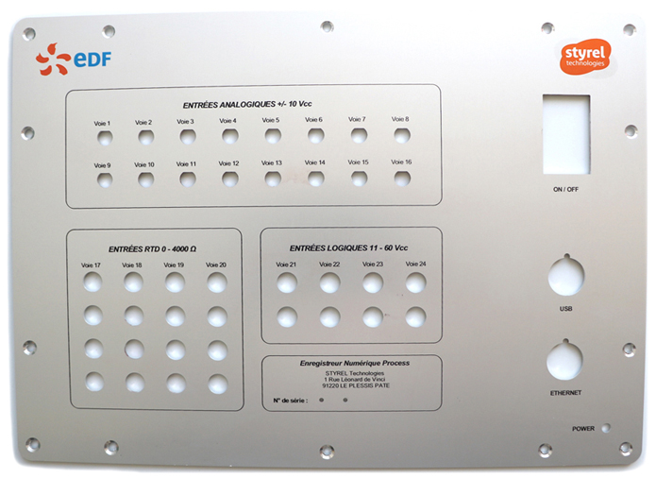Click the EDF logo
click(x=74, y=60)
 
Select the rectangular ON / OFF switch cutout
click(x=566, y=133)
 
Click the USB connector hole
click(x=566, y=276)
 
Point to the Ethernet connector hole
click(x=564, y=360)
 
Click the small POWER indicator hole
click(x=605, y=428)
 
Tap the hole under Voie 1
click(x=104, y=138)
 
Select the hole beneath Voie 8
click(x=401, y=135)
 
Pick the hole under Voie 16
click(x=401, y=178)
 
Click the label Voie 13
click(x=272, y=162)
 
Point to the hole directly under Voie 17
click(x=93, y=282)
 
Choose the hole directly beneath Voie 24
click(x=415, y=282)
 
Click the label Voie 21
click(x=286, y=265)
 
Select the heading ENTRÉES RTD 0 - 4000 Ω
click(x=152, y=248)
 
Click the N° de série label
click(x=290, y=401)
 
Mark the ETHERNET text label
click(x=564, y=392)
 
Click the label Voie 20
click(x=216, y=265)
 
